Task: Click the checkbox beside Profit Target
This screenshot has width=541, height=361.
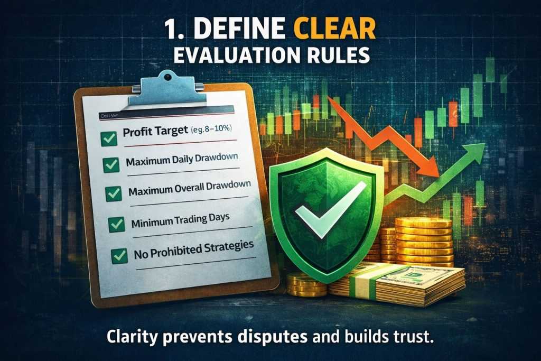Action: pos(109,140)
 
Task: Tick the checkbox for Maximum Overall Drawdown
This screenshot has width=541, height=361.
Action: pos(114,193)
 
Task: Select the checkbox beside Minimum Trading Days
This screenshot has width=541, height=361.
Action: pos(116,225)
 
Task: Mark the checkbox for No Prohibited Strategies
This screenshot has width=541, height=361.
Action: pos(119,256)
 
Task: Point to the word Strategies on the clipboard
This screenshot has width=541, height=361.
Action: pos(224,247)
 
